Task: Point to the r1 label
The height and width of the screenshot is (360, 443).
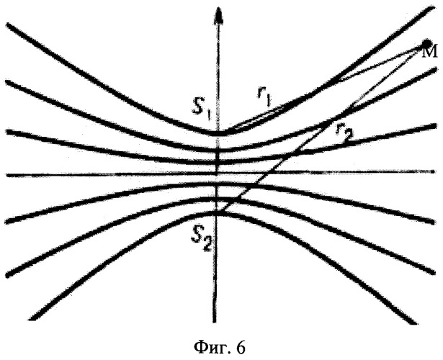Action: pyautogui.click(x=264, y=97)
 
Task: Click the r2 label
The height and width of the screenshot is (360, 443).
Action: pyautogui.click(x=345, y=132)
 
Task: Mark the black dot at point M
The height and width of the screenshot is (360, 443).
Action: pyautogui.click(x=426, y=44)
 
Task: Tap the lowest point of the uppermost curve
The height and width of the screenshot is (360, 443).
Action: pyautogui.click(x=218, y=132)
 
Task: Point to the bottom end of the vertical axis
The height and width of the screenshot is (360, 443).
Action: pyautogui.click(x=215, y=321)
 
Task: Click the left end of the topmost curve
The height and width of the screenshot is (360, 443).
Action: pyautogui.click(x=8, y=25)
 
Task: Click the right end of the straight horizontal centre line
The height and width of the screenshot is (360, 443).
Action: pyautogui.click(x=434, y=171)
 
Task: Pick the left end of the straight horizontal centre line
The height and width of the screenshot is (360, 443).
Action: pyautogui.click(x=7, y=176)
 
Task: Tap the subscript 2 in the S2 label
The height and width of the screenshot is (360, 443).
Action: pyautogui.click(x=207, y=246)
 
